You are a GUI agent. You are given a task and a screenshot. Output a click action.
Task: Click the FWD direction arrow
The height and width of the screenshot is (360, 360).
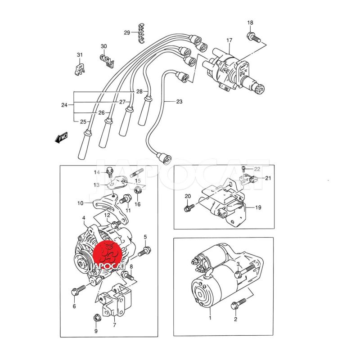62,138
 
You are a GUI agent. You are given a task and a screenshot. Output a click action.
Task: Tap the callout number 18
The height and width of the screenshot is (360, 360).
250,22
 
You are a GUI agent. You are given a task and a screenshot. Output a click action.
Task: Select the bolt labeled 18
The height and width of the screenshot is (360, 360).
254,38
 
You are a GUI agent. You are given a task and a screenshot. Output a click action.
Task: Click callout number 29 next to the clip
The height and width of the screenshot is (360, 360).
127,32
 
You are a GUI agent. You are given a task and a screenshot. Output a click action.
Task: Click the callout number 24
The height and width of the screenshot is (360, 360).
64,105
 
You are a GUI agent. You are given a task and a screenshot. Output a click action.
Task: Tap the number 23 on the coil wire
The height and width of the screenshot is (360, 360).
179,101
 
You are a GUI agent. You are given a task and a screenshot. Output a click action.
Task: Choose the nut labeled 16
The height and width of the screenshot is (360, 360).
137,190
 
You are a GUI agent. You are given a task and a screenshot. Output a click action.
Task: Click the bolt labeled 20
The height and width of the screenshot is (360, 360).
189,207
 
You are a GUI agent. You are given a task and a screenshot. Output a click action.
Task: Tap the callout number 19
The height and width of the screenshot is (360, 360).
258,207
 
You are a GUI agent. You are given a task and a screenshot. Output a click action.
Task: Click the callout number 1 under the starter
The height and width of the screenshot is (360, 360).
210,318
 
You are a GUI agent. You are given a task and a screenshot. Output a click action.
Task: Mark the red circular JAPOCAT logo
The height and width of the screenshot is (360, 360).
107,255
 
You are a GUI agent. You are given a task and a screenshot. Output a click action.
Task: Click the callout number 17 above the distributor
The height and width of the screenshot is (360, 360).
229,40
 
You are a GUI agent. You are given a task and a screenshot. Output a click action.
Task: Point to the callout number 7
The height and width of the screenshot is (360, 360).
115,325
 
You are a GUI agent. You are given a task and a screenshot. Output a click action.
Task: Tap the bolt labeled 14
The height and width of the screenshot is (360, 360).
109,172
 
